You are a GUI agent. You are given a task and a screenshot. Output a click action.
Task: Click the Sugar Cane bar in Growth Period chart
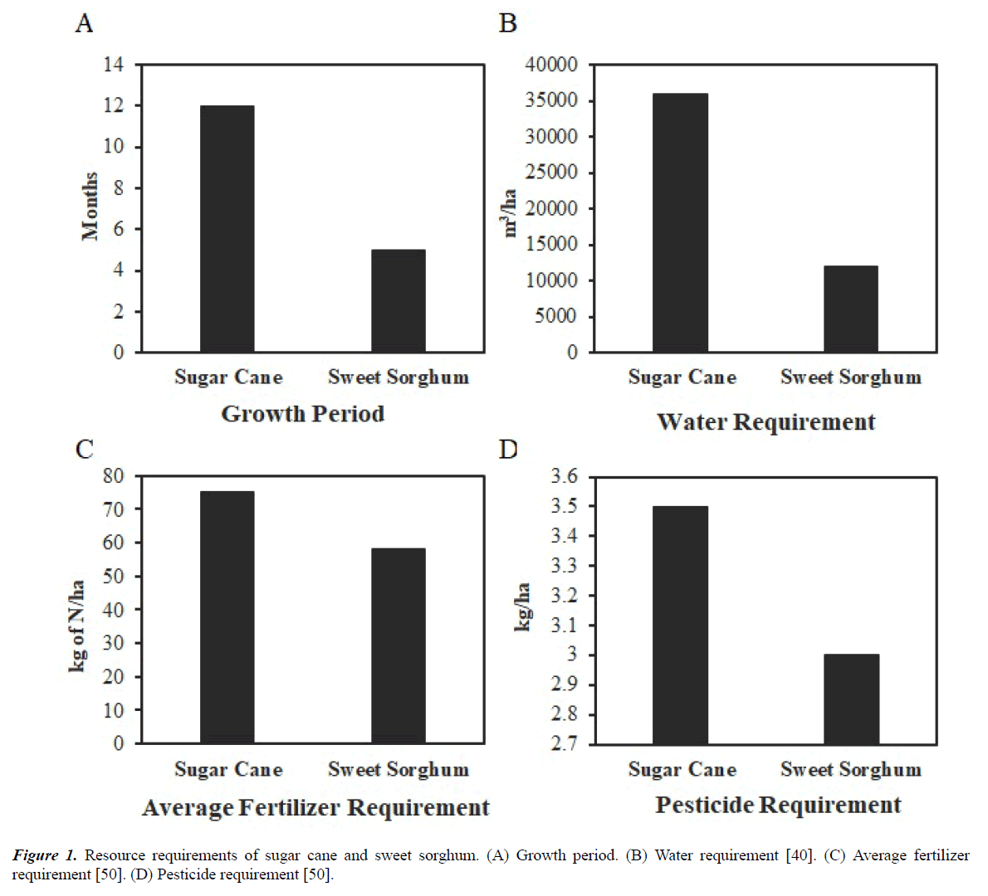pyautogui.click(x=227, y=229)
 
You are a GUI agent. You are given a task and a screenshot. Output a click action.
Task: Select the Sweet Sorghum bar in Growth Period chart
pyautogui.click(x=398, y=300)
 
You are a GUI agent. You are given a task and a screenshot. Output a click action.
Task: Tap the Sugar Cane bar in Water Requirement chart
pyautogui.click(x=680, y=222)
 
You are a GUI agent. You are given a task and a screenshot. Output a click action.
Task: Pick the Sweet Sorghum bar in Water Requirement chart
pyautogui.click(x=850, y=309)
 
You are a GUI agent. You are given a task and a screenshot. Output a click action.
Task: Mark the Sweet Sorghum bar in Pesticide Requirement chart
pyautogui.click(x=851, y=699)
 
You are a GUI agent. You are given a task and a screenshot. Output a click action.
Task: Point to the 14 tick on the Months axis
pyautogui.click(x=114, y=65)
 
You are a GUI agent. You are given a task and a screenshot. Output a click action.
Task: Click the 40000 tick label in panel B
pyautogui.click(x=552, y=65)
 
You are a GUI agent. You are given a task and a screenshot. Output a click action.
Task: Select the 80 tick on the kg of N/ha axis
pyautogui.click(x=113, y=476)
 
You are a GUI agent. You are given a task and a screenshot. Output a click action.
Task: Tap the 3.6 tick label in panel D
pyautogui.click(x=564, y=477)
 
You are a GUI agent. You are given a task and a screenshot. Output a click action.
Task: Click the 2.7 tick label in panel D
pyautogui.click(x=564, y=744)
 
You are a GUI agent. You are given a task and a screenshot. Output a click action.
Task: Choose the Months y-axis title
pyautogui.click(x=90, y=207)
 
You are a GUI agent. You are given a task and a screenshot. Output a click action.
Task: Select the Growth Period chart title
pyautogui.click(x=302, y=414)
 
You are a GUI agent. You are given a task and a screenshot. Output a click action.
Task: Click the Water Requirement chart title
pyautogui.click(x=765, y=422)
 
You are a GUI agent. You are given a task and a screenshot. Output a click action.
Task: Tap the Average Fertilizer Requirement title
pyautogui.click(x=315, y=808)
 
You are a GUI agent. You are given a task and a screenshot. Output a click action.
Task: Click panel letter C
pyautogui.click(x=84, y=450)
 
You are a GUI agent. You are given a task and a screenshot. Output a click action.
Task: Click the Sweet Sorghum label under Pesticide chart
pyautogui.click(x=850, y=770)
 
